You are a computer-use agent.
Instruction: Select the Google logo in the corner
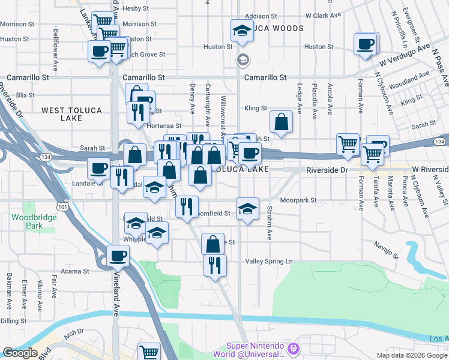(20, 353)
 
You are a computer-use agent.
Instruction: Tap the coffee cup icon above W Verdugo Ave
(366, 43)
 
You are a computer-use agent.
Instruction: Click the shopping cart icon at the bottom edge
(149, 352)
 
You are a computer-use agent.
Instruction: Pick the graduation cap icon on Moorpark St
(247, 208)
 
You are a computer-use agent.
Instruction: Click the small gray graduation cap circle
(243, 59)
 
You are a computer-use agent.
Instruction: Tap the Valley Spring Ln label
(269, 261)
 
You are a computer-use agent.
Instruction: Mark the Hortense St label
(164, 125)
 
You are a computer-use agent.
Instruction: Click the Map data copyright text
(411, 355)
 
